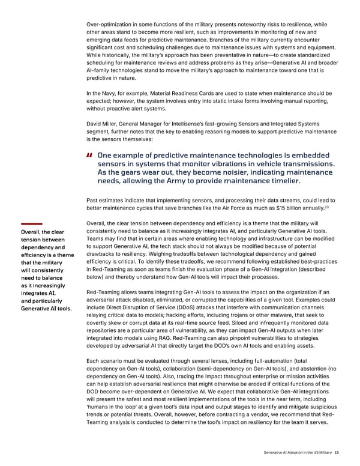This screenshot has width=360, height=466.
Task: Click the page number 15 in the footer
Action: point(337,453)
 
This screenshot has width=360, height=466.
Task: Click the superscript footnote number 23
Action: point(326,207)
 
